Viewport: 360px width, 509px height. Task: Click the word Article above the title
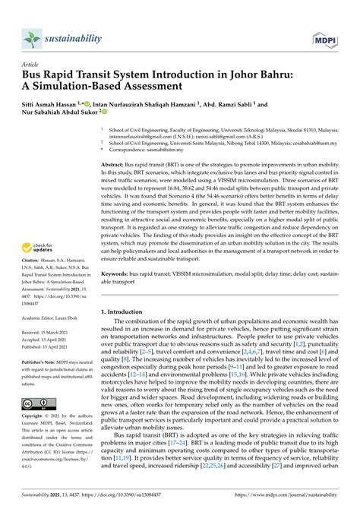33,65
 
